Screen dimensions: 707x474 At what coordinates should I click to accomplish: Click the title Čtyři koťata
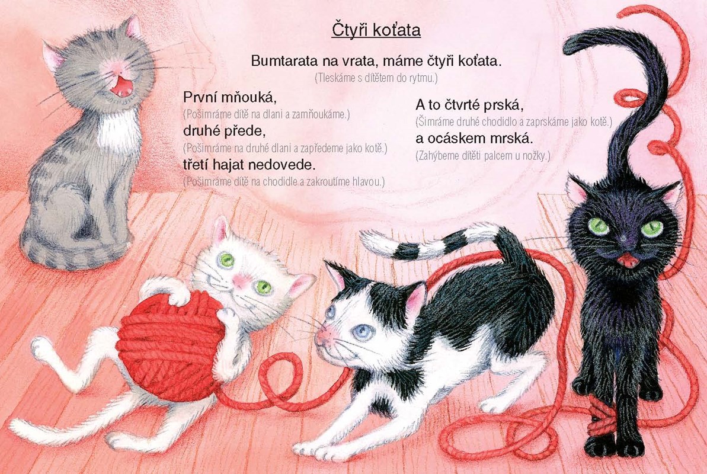pos(376,31)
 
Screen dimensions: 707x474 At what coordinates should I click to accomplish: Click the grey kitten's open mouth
pos(121,86)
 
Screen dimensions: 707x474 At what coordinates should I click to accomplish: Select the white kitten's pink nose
pos(239,280)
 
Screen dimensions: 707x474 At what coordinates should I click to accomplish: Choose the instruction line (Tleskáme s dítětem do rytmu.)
pos(376,78)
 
